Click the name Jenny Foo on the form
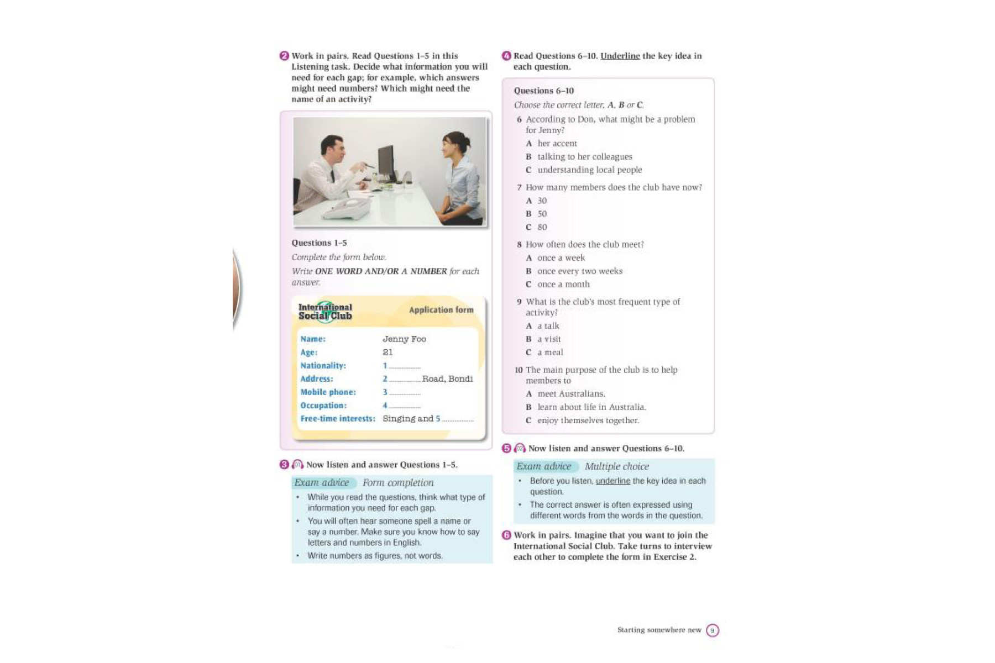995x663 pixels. point(404,339)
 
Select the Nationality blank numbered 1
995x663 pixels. point(404,366)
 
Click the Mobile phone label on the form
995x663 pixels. point(328,392)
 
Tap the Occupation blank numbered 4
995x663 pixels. point(404,406)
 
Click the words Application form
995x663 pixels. point(441,310)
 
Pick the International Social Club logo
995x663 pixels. point(325,312)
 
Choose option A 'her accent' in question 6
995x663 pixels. point(557,144)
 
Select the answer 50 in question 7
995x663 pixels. point(542,214)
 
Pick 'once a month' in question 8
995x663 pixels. point(563,285)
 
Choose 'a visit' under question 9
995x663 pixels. point(549,339)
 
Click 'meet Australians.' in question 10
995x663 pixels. point(571,394)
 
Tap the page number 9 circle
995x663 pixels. point(713,630)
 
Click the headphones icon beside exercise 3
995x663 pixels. point(297,465)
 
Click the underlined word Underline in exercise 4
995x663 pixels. point(620,56)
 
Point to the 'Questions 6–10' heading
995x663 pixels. point(543,91)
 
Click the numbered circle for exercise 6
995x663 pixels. point(506,535)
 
